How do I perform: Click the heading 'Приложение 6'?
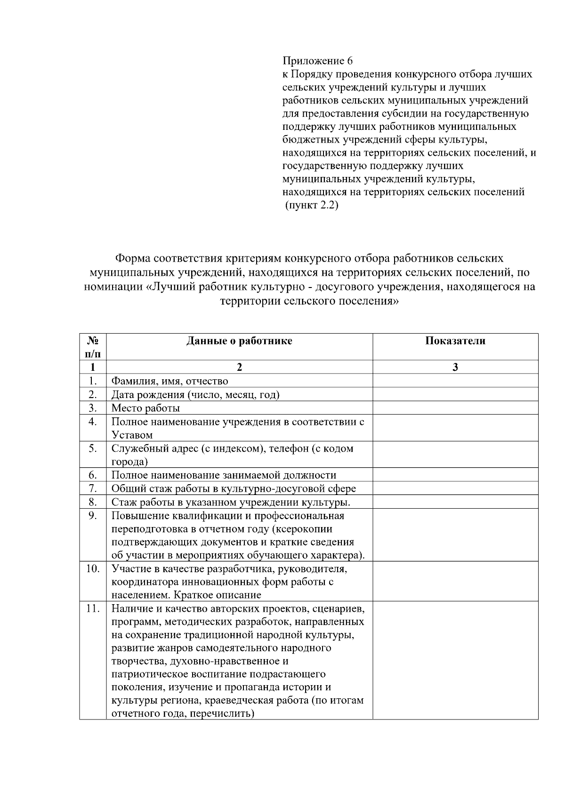click(317, 61)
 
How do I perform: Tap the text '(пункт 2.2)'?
click(312, 206)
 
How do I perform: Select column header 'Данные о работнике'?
click(239, 341)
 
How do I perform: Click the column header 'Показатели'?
click(455, 341)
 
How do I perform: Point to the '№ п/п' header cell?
click(93, 347)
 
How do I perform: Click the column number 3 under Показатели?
click(455, 368)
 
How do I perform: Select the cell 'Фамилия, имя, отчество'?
click(169, 381)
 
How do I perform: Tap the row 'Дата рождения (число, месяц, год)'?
click(195, 394)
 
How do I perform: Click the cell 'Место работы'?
click(145, 408)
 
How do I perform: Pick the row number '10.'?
click(93, 568)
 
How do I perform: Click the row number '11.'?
click(93, 608)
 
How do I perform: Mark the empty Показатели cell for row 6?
click(455, 475)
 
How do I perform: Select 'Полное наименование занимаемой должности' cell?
click(224, 475)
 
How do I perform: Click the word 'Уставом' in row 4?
click(132, 435)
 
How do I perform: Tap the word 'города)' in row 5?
click(129, 462)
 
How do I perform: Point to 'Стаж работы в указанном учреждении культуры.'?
click(231, 502)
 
